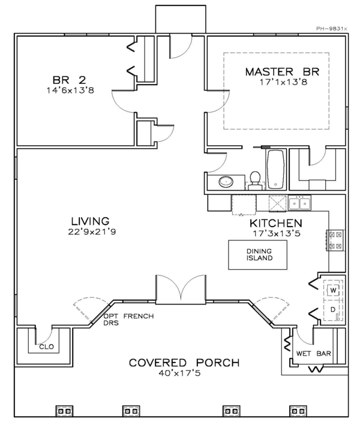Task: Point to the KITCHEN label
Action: (x=272, y=223)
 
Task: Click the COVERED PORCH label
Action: (x=184, y=363)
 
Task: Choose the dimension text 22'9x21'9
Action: (x=91, y=231)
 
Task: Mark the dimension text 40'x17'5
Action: (x=184, y=374)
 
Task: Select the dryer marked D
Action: (x=333, y=310)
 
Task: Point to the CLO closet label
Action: (x=47, y=346)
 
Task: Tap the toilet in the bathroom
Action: (x=255, y=179)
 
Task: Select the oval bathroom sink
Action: (x=226, y=182)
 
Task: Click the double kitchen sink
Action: (x=299, y=204)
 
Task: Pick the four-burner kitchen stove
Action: (x=335, y=240)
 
